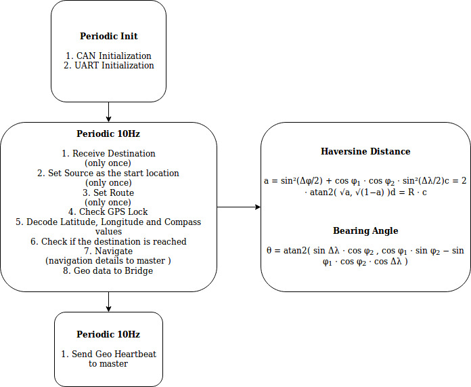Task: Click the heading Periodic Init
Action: (109, 36)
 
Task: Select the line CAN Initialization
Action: (108, 56)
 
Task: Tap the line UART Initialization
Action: (109, 65)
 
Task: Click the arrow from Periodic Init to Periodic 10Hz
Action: (108, 112)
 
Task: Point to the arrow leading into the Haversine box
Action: (239, 207)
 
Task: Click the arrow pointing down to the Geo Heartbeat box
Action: (108, 302)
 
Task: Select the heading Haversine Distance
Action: (365, 151)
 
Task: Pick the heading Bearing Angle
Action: (365, 231)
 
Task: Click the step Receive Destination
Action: (108, 153)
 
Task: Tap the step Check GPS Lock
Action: (108, 212)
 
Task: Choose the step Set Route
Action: (108, 192)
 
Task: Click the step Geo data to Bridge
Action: (108, 271)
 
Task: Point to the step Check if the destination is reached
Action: (108, 241)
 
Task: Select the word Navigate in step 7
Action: (114, 251)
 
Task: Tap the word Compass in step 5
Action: (183, 222)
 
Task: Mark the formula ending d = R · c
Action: (365, 186)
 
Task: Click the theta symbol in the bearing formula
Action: (269, 250)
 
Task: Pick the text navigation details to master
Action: (108, 261)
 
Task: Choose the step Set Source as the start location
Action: (108, 173)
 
